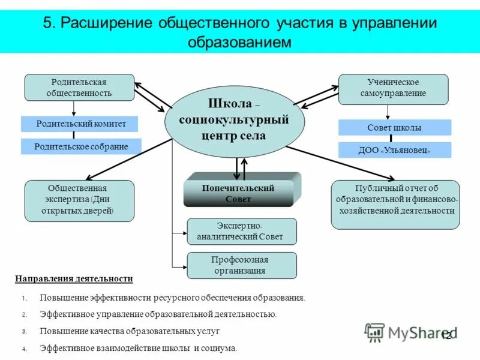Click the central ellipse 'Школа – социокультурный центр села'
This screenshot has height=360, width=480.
(235, 122)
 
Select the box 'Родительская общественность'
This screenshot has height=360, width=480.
(79, 88)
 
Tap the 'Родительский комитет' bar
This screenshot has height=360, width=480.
(80, 124)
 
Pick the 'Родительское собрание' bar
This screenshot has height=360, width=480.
(81, 146)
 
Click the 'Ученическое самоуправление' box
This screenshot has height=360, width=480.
(393, 88)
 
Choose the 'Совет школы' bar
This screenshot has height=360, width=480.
(394, 128)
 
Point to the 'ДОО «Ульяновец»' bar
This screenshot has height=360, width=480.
(394, 150)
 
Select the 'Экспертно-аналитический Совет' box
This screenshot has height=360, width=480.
(242, 232)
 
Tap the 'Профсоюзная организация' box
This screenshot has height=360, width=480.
(242, 265)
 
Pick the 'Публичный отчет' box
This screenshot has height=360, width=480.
(395, 204)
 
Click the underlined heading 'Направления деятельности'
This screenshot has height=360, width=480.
(74, 279)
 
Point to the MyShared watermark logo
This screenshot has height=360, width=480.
(411, 332)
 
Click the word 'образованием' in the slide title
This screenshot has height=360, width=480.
(239, 42)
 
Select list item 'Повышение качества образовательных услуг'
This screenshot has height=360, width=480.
(130, 331)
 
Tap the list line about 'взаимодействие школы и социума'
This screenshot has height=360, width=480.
(139, 347)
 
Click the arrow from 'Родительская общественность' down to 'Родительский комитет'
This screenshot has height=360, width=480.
(74, 108)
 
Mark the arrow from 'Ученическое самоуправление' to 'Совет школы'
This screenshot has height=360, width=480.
(388, 112)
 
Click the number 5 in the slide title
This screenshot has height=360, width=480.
(47, 23)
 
